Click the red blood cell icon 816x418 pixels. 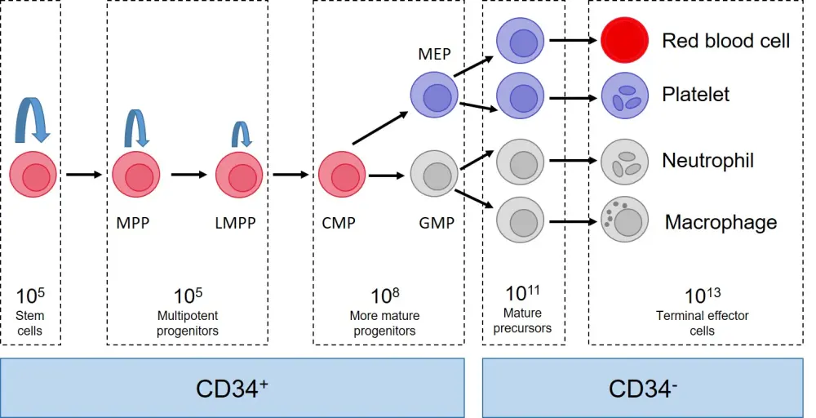point(625,40)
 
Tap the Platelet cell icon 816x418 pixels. point(624,96)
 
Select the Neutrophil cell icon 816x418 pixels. point(624,162)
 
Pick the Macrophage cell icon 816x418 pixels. point(624,220)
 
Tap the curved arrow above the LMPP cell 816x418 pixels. point(242,133)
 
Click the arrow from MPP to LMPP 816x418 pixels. point(189,174)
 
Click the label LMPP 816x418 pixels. point(237,222)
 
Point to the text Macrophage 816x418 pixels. point(721,222)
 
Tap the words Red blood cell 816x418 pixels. point(725,41)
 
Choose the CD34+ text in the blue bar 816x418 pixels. point(232,388)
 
